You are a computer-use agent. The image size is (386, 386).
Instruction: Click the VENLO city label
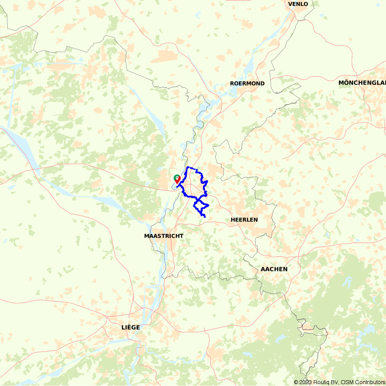[x=298, y=4]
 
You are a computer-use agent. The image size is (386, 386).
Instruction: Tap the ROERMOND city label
[x=247, y=83]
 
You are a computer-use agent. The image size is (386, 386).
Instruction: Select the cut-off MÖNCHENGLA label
[x=362, y=83]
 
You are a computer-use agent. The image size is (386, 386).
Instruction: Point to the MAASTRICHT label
[x=164, y=236]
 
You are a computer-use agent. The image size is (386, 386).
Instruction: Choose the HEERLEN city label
[x=244, y=220]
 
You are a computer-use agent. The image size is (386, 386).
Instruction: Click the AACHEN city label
[x=274, y=269]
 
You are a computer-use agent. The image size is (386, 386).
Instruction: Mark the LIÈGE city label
[x=130, y=327]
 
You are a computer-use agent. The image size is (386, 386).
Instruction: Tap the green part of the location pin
[x=177, y=177]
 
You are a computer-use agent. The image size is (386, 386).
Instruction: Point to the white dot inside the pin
[x=177, y=178]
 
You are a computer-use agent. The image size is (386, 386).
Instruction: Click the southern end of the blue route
[x=204, y=217]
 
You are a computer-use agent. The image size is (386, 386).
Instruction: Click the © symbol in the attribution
[x=296, y=383]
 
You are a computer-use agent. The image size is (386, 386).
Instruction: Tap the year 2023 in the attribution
[x=305, y=383]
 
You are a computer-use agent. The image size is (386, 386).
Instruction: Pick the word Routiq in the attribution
[x=321, y=383]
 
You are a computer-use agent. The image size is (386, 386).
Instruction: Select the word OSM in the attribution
[x=346, y=383]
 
